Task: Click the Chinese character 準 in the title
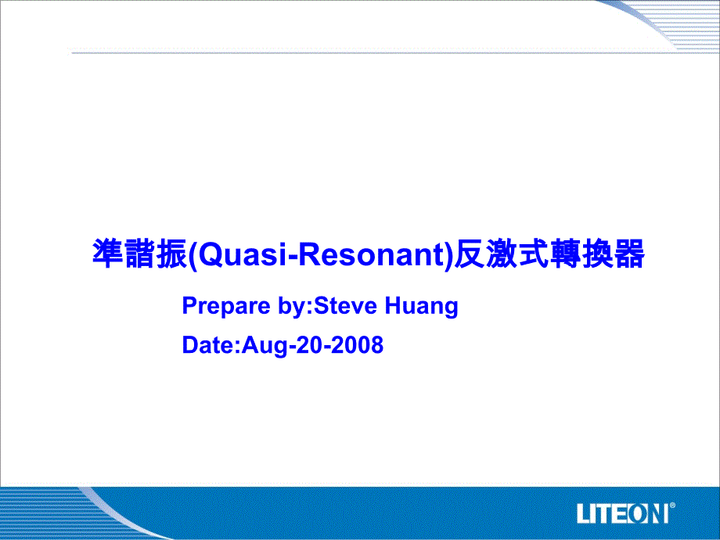[x=108, y=254]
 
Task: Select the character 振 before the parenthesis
[x=171, y=254]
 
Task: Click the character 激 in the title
[x=502, y=254]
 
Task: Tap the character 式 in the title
[x=534, y=254]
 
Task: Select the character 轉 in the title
[x=566, y=254]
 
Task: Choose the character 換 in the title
[x=598, y=254]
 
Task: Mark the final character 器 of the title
[x=629, y=254]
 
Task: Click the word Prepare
[x=226, y=306]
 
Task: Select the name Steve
[x=345, y=306]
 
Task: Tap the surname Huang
[x=422, y=307]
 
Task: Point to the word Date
[x=208, y=345]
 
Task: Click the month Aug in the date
[x=265, y=346]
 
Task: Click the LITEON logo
[x=623, y=513]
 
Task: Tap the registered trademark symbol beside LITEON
[x=672, y=506]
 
